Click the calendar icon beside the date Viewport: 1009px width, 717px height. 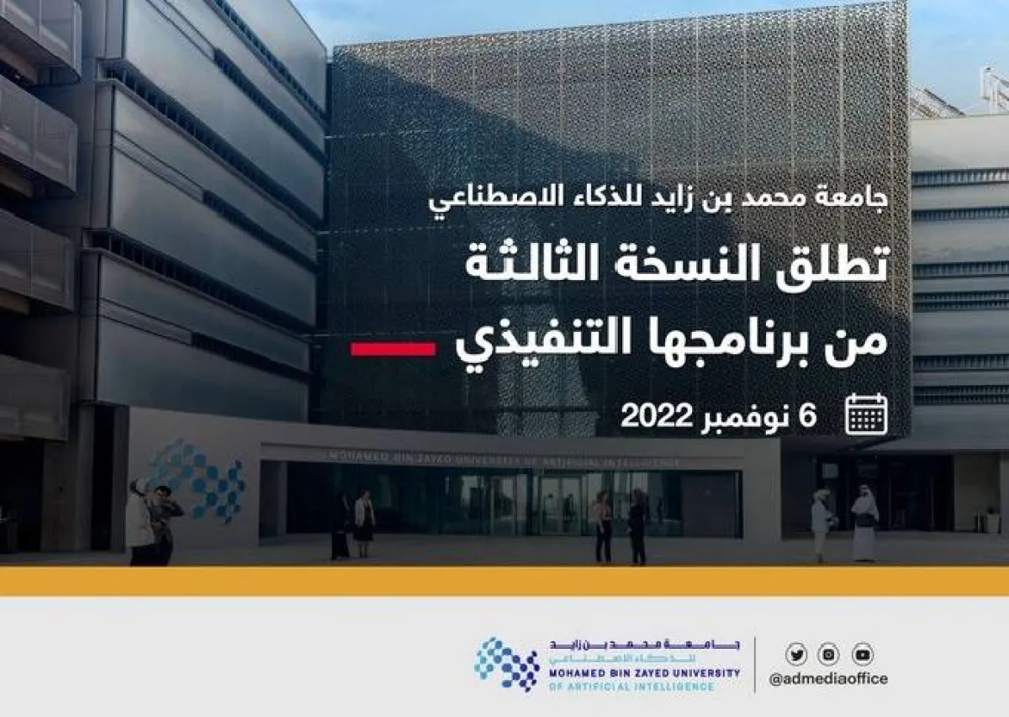pyautogui.click(x=866, y=414)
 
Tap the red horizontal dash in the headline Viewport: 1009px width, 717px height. pyautogui.click(x=393, y=348)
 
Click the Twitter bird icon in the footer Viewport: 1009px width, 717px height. pyautogui.click(x=796, y=654)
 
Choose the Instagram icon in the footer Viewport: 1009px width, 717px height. pyautogui.click(x=829, y=654)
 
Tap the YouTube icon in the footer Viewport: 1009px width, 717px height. pyautogui.click(x=863, y=654)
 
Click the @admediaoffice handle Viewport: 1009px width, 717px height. pyautogui.click(x=828, y=679)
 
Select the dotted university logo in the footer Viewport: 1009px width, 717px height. pyautogui.click(x=507, y=664)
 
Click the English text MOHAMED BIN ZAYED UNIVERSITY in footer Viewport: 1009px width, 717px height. pyautogui.click(x=645, y=673)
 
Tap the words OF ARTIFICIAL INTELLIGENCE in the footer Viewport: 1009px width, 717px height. pyautogui.click(x=631, y=687)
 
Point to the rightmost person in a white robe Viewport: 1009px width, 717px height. pyautogui.click(x=864, y=526)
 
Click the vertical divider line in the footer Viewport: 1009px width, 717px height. pyautogui.click(x=754, y=664)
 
